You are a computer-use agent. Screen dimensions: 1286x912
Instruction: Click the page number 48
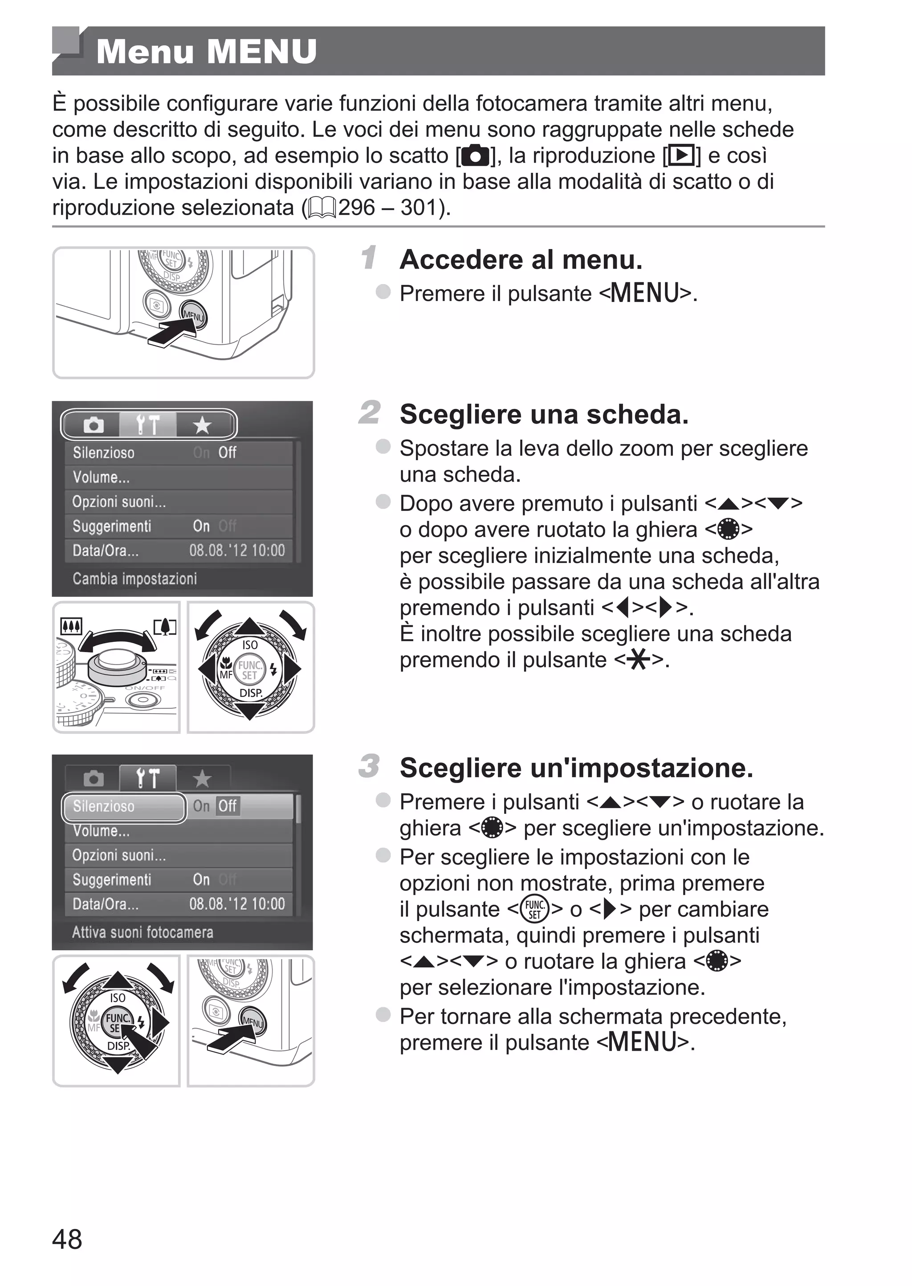click(x=67, y=1239)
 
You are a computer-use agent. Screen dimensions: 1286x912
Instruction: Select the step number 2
click(x=370, y=413)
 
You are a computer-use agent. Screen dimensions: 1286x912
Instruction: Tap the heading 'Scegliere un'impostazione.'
click(x=576, y=768)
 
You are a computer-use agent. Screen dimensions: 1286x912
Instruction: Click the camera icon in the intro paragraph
click(x=476, y=156)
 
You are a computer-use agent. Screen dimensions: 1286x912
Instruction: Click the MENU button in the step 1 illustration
click(x=193, y=316)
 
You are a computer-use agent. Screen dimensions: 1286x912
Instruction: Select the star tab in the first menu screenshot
click(x=202, y=425)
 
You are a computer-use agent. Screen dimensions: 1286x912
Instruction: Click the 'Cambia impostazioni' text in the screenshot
click(x=135, y=579)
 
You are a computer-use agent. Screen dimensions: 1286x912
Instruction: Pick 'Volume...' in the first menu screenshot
click(x=101, y=478)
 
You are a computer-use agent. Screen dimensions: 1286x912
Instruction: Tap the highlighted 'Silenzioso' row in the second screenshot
click(x=123, y=806)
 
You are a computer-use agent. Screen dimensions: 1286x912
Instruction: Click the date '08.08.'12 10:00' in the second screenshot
click(x=237, y=903)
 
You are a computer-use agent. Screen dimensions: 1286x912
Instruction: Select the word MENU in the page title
click(x=262, y=52)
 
